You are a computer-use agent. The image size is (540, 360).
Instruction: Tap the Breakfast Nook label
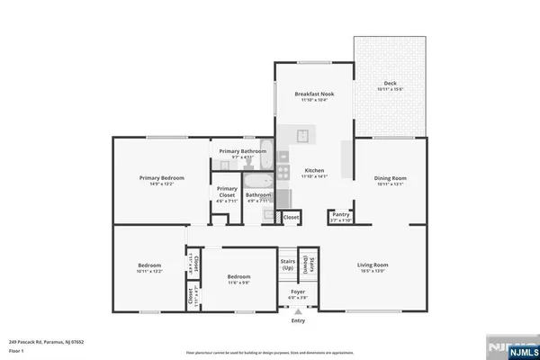(314, 94)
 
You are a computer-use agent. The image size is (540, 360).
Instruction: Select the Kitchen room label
(314, 170)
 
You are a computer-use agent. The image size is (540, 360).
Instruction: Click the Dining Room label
(391, 178)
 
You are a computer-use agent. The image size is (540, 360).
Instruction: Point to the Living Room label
(373, 265)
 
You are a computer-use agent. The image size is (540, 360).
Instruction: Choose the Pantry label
(340, 214)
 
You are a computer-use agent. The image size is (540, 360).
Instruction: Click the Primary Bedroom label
(161, 178)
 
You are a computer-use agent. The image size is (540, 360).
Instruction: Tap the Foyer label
(297, 292)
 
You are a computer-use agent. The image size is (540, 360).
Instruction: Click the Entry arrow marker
(297, 311)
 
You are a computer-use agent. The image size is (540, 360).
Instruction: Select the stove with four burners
(282, 170)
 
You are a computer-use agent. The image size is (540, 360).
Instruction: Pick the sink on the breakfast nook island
(303, 136)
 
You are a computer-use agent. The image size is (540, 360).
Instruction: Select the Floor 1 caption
(15, 349)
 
